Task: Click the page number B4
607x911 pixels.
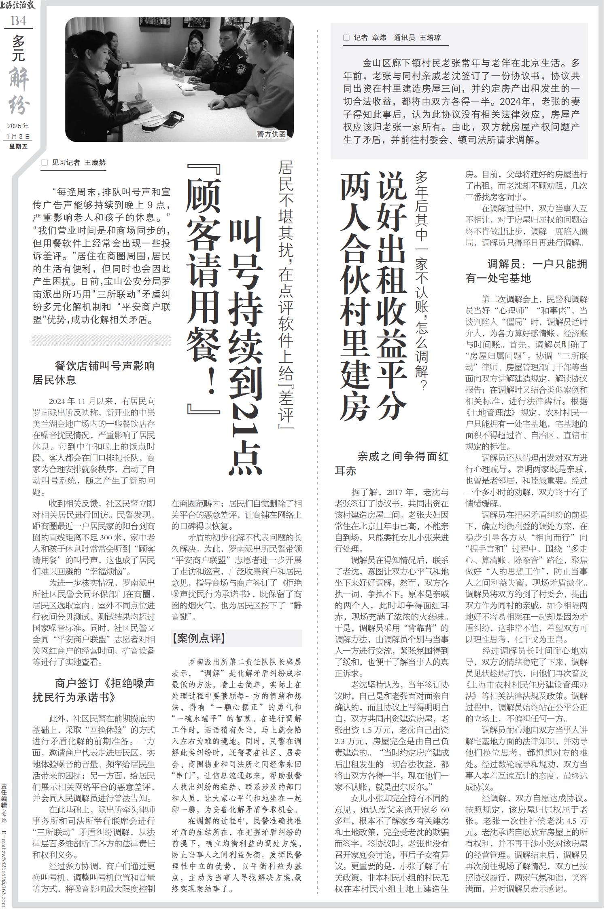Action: (18, 21)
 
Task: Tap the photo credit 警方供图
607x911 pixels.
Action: (272, 134)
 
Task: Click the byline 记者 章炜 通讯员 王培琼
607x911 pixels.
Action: (392, 38)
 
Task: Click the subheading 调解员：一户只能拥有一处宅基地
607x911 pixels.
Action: (526, 271)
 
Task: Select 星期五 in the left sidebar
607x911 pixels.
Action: (18, 146)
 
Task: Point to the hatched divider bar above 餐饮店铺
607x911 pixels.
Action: (101, 340)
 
